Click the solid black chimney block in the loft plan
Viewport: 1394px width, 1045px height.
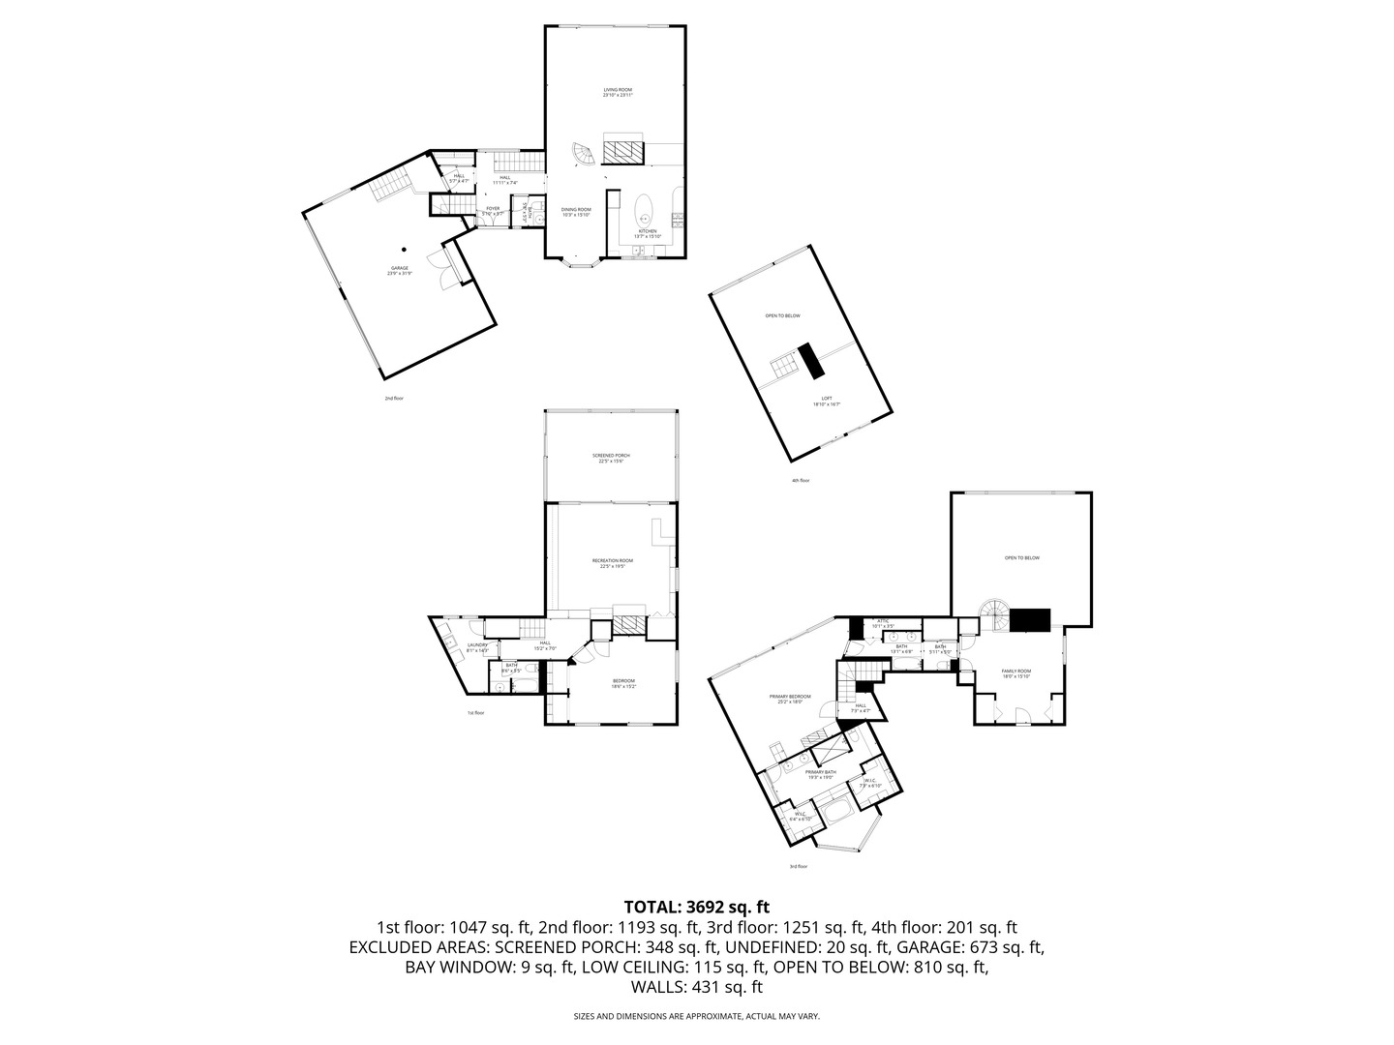coord(810,361)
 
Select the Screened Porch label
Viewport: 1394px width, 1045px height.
coord(611,458)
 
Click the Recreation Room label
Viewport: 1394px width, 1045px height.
coord(613,562)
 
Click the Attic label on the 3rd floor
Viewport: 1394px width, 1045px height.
coord(882,623)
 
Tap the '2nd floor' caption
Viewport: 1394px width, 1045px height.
coord(394,398)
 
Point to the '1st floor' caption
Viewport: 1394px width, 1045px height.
coord(475,713)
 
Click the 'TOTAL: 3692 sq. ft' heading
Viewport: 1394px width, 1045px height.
coord(696,907)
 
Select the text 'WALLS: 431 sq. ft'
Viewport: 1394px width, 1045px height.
coord(696,987)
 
